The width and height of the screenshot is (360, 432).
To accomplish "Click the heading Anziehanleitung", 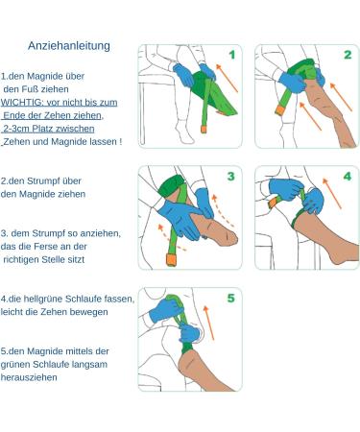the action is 69,46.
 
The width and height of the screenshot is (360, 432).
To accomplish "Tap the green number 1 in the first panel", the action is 232,55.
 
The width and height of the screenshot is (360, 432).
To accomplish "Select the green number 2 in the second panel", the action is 348,55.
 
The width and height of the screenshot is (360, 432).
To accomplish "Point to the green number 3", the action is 231,177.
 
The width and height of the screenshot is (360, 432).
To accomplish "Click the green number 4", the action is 348,177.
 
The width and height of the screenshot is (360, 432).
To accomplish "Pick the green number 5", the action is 231,298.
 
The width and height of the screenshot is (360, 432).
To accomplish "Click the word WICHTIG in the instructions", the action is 22,103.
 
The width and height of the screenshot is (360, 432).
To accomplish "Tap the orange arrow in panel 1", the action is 227,78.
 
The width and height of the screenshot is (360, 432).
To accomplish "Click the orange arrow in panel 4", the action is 332,194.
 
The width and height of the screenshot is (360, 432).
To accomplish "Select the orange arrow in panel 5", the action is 208,323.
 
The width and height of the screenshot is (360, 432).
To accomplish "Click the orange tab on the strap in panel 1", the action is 204,129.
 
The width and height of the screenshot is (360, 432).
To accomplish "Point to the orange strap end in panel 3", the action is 171,259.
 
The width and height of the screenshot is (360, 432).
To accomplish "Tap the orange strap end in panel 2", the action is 279,110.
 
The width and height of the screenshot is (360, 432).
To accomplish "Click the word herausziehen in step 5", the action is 29,377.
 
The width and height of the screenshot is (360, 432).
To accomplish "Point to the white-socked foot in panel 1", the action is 184,132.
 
